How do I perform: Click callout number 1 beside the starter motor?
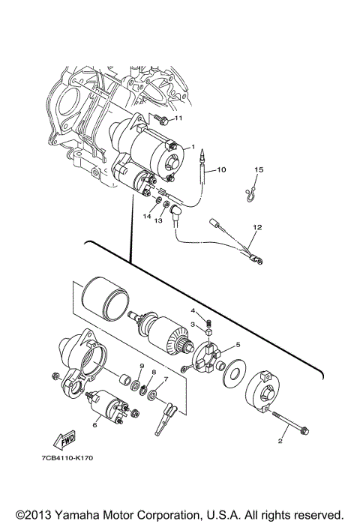point(193,147)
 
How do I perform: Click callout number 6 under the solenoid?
point(95,424)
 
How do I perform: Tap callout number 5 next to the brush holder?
point(238,345)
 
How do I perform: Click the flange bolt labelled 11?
point(160,118)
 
